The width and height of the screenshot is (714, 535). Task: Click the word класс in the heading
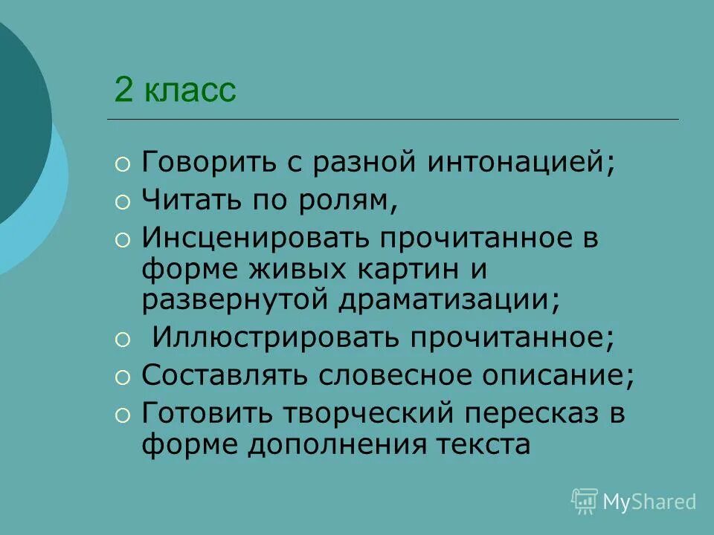(190, 91)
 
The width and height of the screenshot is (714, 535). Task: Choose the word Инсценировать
(257, 239)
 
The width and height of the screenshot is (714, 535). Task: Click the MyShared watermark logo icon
(585, 502)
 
